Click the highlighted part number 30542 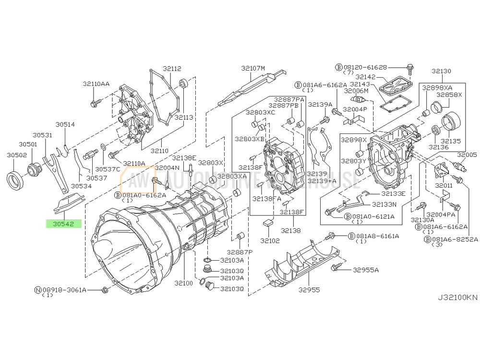pyautogui.click(x=63, y=224)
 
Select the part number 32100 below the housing pyautogui.click(x=183, y=283)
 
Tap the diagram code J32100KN pyautogui.click(x=457, y=297)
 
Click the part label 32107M pyautogui.click(x=253, y=69)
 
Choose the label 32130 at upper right pyautogui.click(x=441, y=71)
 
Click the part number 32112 pyautogui.click(x=171, y=69)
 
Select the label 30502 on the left pyautogui.click(x=16, y=155)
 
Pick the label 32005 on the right pyautogui.click(x=467, y=155)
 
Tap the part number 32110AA pyautogui.click(x=96, y=84)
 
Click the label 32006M pyautogui.click(x=356, y=91)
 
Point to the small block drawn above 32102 pyautogui.click(x=268, y=222)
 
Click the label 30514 pyautogui.click(x=65, y=124)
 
